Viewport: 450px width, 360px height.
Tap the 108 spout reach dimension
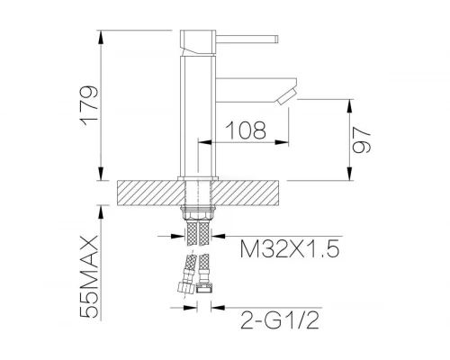pos(246,130)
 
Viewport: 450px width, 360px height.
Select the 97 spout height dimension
pos(361,140)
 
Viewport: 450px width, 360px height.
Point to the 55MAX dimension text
pos(89,276)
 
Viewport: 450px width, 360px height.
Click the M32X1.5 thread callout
pos(290,248)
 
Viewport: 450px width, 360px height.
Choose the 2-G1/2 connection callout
pos(279,319)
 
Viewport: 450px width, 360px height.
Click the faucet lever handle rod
pos(247,40)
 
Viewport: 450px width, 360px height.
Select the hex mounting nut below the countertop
pos(198,214)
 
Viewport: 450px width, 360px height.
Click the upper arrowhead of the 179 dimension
pos(102,38)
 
